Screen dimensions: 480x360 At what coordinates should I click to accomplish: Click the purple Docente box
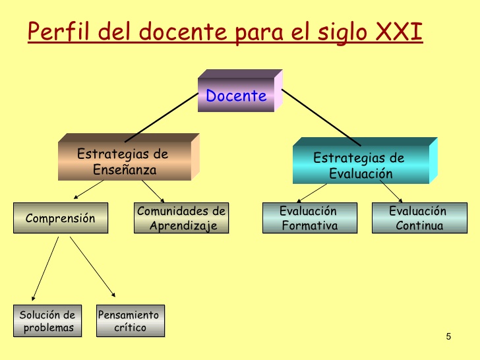[x=240, y=90]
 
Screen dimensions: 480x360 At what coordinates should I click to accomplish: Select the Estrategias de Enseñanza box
[x=129, y=157]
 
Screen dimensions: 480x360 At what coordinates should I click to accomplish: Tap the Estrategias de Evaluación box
[x=365, y=161]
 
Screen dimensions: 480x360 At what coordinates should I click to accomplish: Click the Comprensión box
[x=61, y=218]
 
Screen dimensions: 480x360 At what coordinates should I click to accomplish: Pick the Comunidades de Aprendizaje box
[x=181, y=218]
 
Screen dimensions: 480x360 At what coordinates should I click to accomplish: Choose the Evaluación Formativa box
[x=310, y=218]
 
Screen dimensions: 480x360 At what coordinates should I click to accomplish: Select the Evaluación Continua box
[x=419, y=218]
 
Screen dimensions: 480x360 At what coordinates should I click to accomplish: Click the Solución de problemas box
[x=47, y=321]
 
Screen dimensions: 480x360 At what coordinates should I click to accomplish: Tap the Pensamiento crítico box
[x=131, y=321]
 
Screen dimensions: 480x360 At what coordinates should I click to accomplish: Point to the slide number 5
[x=448, y=336]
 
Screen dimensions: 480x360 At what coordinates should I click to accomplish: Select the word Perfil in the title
[x=59, y=31]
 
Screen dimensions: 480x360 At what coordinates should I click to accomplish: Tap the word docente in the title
[x=183, y=32]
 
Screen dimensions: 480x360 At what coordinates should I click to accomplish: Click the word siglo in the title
[x=342, y=33]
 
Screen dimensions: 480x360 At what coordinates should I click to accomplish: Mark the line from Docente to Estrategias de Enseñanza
[x=162, y=117]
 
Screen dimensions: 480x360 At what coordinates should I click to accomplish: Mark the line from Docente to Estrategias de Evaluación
[x=321, y=117]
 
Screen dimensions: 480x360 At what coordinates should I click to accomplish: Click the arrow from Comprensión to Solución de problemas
[x=45, y=268]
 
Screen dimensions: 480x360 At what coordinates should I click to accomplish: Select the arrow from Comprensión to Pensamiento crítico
[x=92, y=266]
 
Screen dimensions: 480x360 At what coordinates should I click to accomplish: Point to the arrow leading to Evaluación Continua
[x=391, y=191]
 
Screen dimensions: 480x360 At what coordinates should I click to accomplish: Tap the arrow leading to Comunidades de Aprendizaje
[x=153, y=191]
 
